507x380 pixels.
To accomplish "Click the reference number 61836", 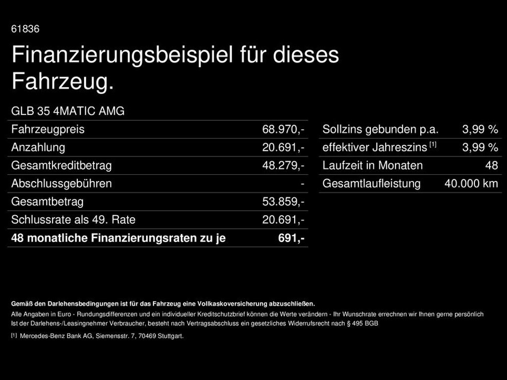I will (25, 29).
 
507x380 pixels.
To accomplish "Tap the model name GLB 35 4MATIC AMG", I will (68, 111).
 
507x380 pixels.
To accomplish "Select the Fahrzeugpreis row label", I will (48, 130).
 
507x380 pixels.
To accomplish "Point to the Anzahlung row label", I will (38, 147).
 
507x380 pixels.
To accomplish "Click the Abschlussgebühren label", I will (61, 184).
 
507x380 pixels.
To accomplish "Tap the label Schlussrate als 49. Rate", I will (73, 220).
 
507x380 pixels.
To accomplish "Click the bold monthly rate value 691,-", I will (291, 238).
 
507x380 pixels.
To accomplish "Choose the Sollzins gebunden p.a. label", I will (380, 130).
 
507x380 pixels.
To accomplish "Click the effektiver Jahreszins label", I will (374, 147).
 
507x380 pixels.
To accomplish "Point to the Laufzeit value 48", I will (492, 166).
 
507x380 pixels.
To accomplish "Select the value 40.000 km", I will (471, 184).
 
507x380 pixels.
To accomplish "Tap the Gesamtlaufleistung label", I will (371, 184).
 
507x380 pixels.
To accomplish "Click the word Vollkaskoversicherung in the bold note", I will (233, 304).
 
